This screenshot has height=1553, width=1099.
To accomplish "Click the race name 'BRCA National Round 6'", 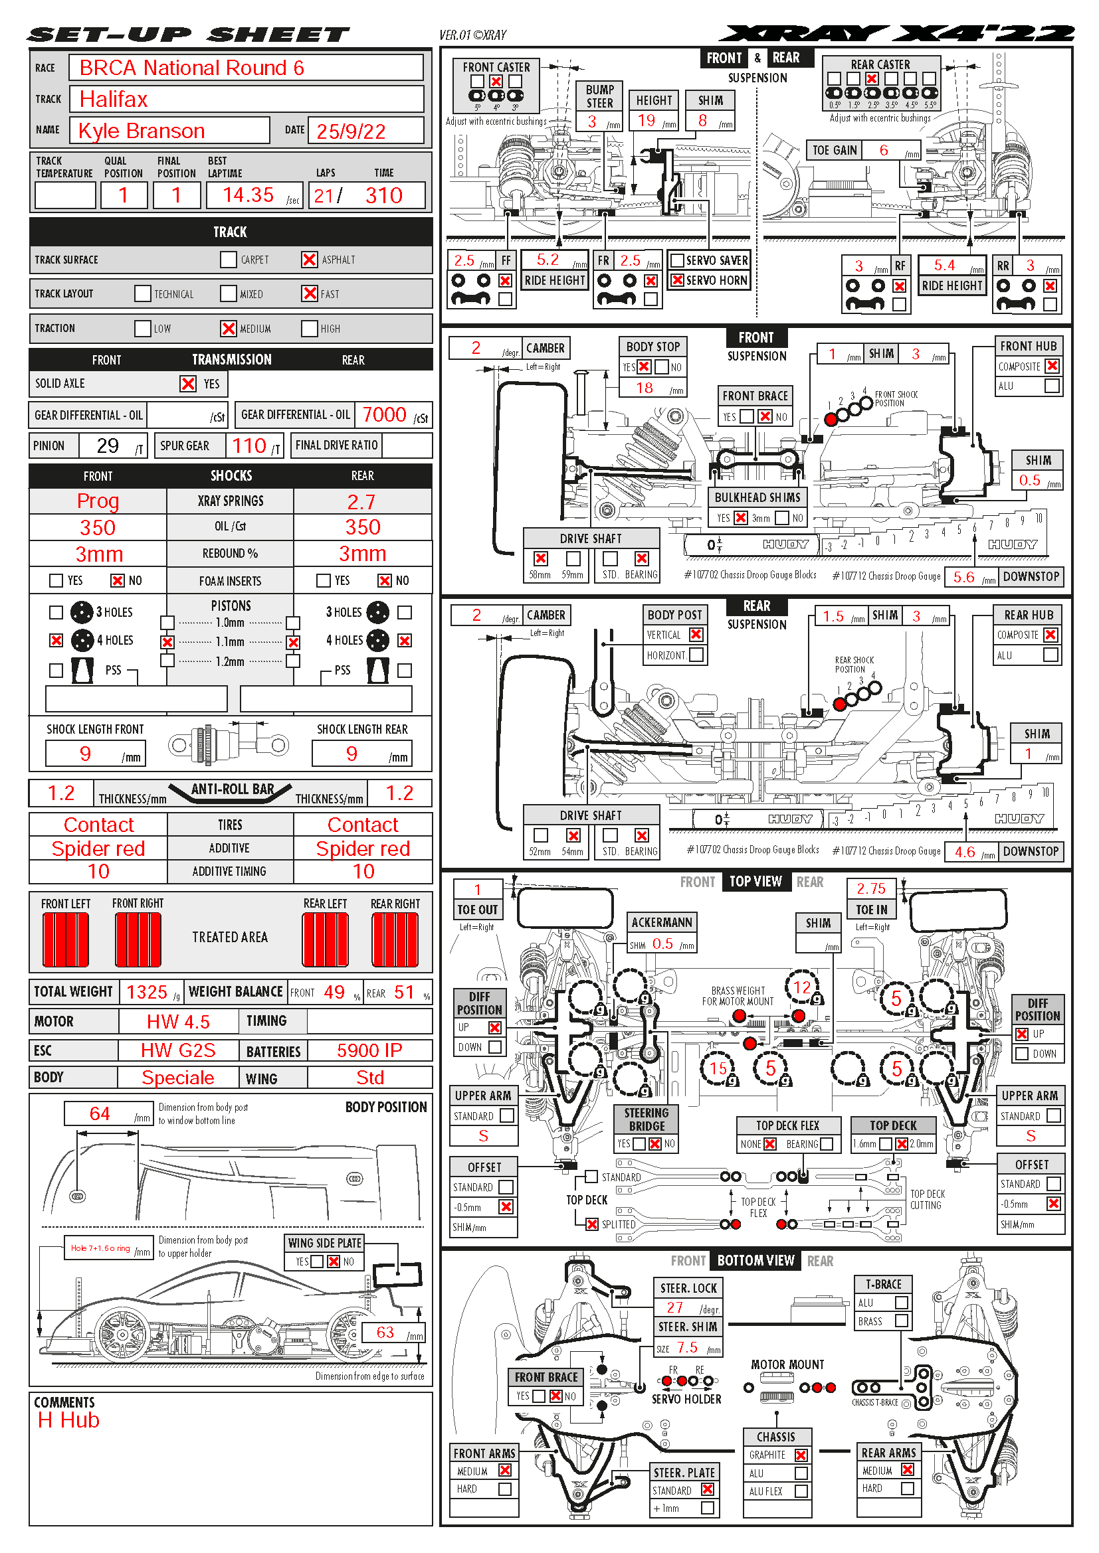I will point(191,68).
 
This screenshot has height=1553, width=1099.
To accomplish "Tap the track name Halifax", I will point(113,100).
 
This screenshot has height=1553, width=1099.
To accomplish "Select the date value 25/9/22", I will point(351,131).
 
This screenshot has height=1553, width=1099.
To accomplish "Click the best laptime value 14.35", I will point(249,195).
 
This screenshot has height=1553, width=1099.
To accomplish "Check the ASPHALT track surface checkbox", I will point(309,260).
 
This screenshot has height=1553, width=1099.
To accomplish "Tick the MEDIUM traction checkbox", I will point(229,328).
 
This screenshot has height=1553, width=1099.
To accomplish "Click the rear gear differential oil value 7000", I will point(383,414).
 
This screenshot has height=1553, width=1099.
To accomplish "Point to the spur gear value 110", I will point(249,446).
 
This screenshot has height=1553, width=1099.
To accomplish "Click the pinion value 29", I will point(108,446).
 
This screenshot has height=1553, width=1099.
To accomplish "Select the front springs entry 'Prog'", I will point(98,501).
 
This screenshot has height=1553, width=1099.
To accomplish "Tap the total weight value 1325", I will point(147,992).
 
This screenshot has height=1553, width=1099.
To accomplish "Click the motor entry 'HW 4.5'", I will point(178,1021).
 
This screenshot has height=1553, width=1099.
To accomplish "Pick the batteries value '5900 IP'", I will point(369,1050).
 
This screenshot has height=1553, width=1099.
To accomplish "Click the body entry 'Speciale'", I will point(177,1078).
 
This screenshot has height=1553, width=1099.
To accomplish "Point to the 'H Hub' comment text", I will point(68,1420).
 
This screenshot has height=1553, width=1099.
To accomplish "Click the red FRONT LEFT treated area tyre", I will point(66,939).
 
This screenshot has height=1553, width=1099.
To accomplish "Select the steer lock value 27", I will point(674,1307).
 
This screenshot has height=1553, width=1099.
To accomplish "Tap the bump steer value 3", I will point(591,122).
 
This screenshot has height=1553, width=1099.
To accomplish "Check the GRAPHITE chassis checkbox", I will point(801,1455).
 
